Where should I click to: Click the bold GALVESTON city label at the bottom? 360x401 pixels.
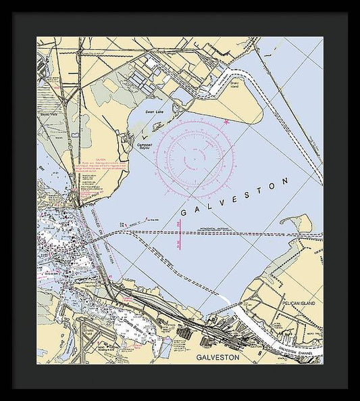[x=217, y=356]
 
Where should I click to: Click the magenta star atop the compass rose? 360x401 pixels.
[x=226, y=122]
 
